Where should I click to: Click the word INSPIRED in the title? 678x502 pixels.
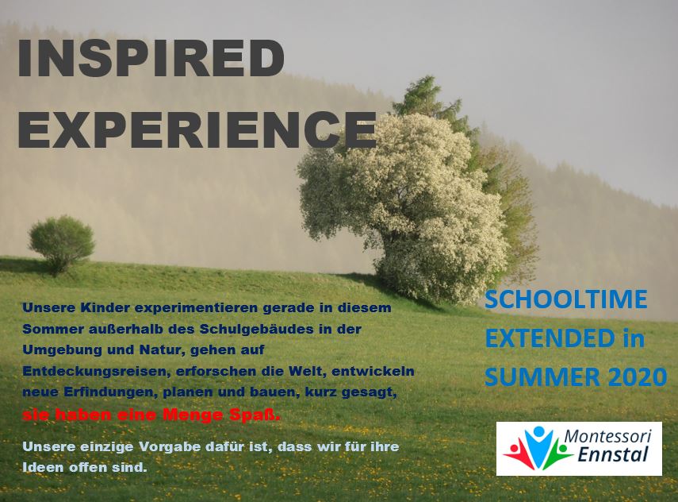[151, 59]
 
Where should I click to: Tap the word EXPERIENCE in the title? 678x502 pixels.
[197, 129]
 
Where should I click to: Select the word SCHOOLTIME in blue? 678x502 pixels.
[566, 299]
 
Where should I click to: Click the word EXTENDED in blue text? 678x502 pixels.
[550, 338]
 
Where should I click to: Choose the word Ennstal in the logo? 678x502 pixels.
[613, 454]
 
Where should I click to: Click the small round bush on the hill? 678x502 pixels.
[62, 244]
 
